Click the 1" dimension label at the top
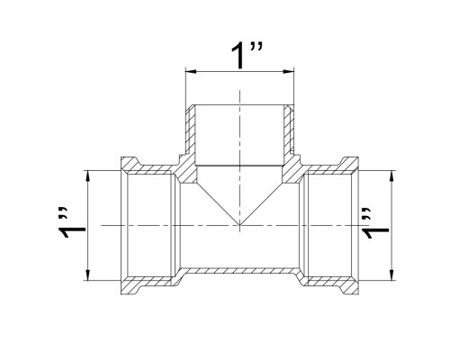pyautogui.click(x=247, y=56)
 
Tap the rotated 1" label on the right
pyautogui.click(x=375, y=222)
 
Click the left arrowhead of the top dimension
pyautogui.click(x=191, y=71)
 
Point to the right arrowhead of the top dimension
pyautogui.click(x=289, y=71)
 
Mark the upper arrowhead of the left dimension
pyautogui.click(x=87, y=175)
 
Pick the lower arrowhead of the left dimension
pyautogui.click(x=87, y=275)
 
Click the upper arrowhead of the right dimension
pyautogui.click(x=391, y=175)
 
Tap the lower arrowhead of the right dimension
pyautogui.click(x=391, y=275)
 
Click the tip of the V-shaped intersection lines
pyautogui.click(x=239, y=225)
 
